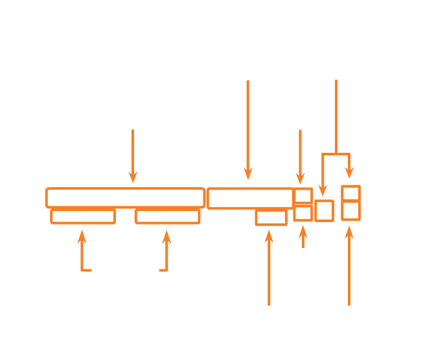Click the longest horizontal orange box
pyautogui.click(x=125, y=197)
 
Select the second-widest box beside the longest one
pyautogui.click(x=250, y=198)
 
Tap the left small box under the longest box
pyautogui.click(x=83, y=216)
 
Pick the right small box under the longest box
pyautogui.click(x=167, y=216)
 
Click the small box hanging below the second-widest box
pyautogui.click(x=271, y=218)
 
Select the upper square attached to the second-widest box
pyautogui.click(x=303, y=196)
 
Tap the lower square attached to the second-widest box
pyautogui.click(x=303, y=213)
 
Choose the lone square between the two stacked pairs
pyautogui.click(x=324, y=210)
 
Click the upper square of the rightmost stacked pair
pyautogui.click(x=350, y=193)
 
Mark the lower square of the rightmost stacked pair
pyautogui.click(x=350, y=211)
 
